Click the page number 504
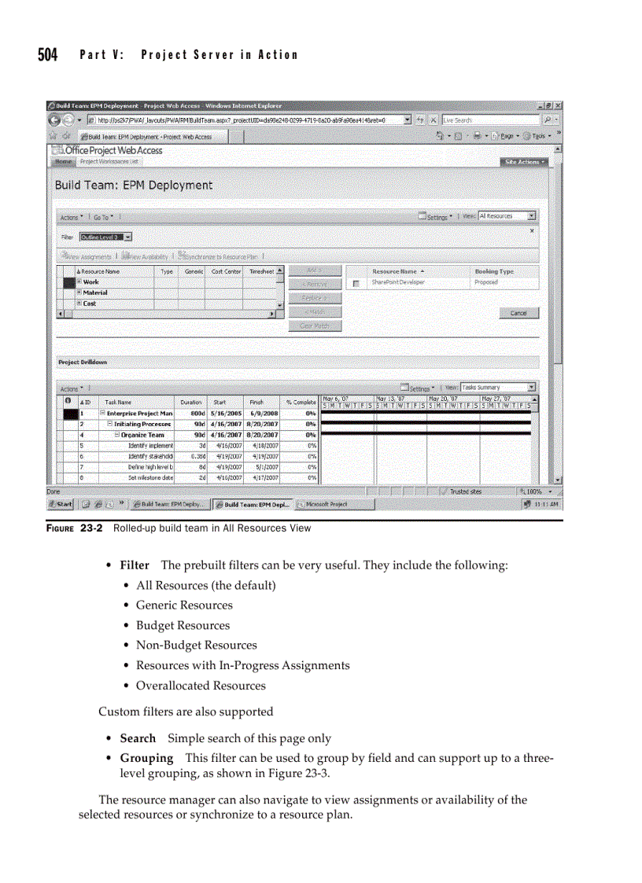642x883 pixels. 48,54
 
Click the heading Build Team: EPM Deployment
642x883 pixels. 133,186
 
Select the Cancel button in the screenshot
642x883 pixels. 518,313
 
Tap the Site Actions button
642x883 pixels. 522,162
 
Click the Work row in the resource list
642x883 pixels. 91,282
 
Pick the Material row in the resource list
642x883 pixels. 95,292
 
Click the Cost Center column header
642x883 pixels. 226,271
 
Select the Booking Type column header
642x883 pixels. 493,271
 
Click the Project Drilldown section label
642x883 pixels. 83,362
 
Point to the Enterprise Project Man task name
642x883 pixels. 138,413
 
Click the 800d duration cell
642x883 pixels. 192,413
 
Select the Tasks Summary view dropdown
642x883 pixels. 497,388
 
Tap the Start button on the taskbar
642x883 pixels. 60,504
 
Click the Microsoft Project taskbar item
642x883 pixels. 324,504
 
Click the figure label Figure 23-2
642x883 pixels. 76,528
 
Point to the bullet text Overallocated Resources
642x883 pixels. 201,686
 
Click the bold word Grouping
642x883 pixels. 146,758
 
